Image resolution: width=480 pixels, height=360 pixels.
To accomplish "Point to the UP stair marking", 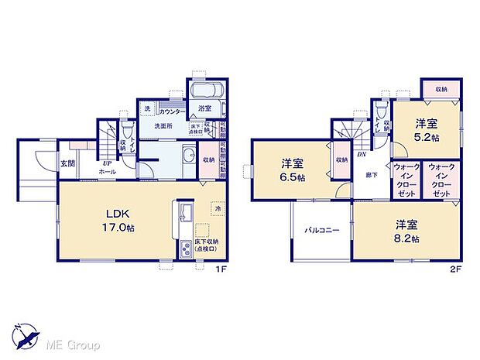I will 106,163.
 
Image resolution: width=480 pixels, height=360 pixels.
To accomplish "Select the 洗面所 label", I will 161,125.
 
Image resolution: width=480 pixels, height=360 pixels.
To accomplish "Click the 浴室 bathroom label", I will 205,108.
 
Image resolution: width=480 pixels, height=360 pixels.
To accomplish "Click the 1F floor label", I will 220,269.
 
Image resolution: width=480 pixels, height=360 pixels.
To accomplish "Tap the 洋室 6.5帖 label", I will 292,170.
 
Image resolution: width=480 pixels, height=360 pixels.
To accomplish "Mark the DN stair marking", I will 362,154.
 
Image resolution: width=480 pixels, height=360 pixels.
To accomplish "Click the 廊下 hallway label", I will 372,175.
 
